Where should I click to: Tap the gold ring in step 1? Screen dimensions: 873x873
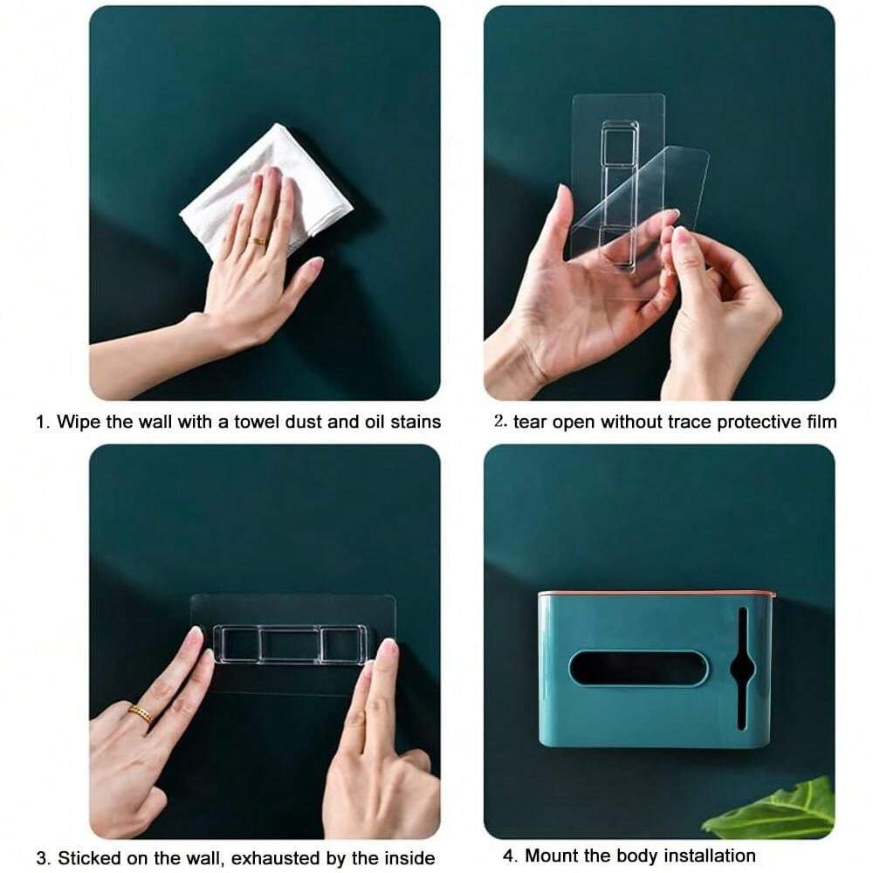pos(259,241)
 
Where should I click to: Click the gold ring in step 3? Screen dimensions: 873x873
pos(141,714)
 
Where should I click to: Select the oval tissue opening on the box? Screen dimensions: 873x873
pos(638,668)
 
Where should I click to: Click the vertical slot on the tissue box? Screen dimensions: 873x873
pos(743,668)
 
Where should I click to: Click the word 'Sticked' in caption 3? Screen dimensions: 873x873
pos(90,857)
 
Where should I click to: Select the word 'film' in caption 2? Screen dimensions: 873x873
pos(821,422)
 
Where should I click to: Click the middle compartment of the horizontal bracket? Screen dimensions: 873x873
pos(289,644)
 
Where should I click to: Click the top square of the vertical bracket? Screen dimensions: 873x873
pos(619,146)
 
